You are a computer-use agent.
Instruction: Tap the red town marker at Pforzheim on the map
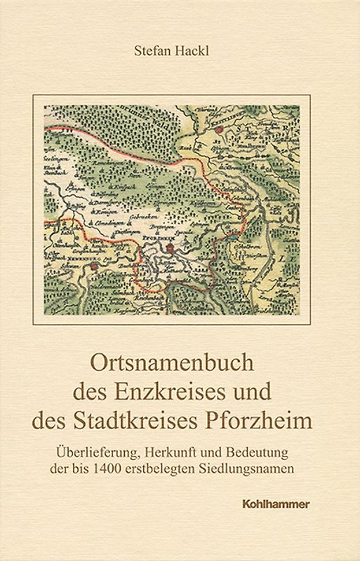point(171,248)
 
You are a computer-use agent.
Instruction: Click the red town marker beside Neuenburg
point(92,266)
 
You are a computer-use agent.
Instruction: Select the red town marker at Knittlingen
point(220,130)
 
